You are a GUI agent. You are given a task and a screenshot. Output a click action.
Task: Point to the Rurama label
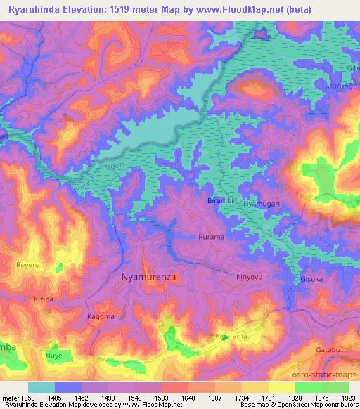click(211, 238)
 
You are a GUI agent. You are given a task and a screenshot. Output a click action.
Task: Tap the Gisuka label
click(311, 278)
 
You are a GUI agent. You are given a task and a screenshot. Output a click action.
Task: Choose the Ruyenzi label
click(29, 265)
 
